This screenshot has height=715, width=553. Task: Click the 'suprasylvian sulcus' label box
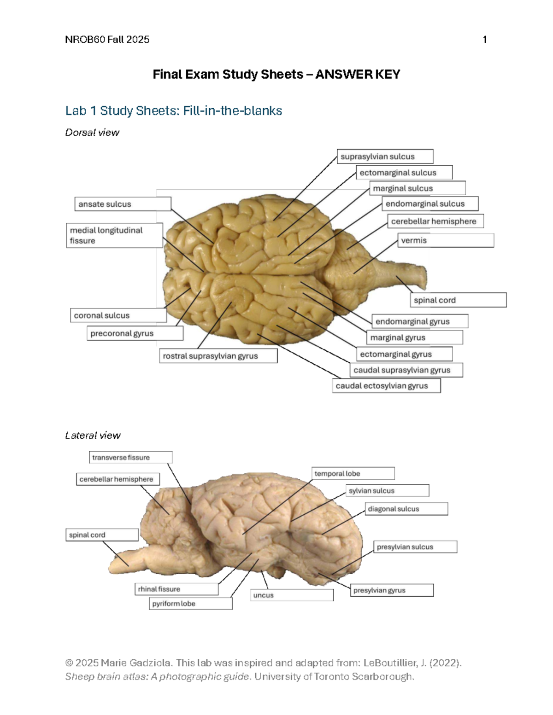pyautogui.click(x=385, y=157)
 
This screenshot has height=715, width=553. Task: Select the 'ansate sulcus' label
pyautogui.click(x=123, y=204)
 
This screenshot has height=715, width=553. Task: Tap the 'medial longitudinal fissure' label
pyautogui.click(x=114, y=235)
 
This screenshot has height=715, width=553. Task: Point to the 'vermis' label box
pyautogui.click(x=445, y=240)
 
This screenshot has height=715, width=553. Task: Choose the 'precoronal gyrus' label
pyautogui.click(x=135, y=333)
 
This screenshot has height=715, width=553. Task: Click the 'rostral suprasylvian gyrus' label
pyautogui.click(x=218, y=356)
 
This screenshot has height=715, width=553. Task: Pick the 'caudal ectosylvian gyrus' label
pyautogui.click(x=386, y=386)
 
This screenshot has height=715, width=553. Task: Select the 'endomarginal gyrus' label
pyautogui.click(x=419, y=321)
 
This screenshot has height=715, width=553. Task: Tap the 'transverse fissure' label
pyautogui.click(x=130, y=457)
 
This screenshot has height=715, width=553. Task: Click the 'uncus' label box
pyautogui.click(x=292, y=595)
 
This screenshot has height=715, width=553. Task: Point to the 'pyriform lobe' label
pyautogui.click(x=191, y=604)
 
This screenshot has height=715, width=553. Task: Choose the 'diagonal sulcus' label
pyautogui.click(x=406, y=509)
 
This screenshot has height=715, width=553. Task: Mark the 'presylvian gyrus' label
pyautogui.click(x=392, y=590)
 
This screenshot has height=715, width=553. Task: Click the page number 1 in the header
pyautogui.click(x=485, y=40)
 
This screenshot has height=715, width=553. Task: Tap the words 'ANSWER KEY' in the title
pyautogui.click(x=358, y=75)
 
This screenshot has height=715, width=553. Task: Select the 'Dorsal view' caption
pyautogui.click(x=92, y=133)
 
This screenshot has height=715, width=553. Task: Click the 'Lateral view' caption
pyautogui.click(x=93, y=436)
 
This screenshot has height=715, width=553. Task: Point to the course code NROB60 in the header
pyautogui.click(x=85, y=40)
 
